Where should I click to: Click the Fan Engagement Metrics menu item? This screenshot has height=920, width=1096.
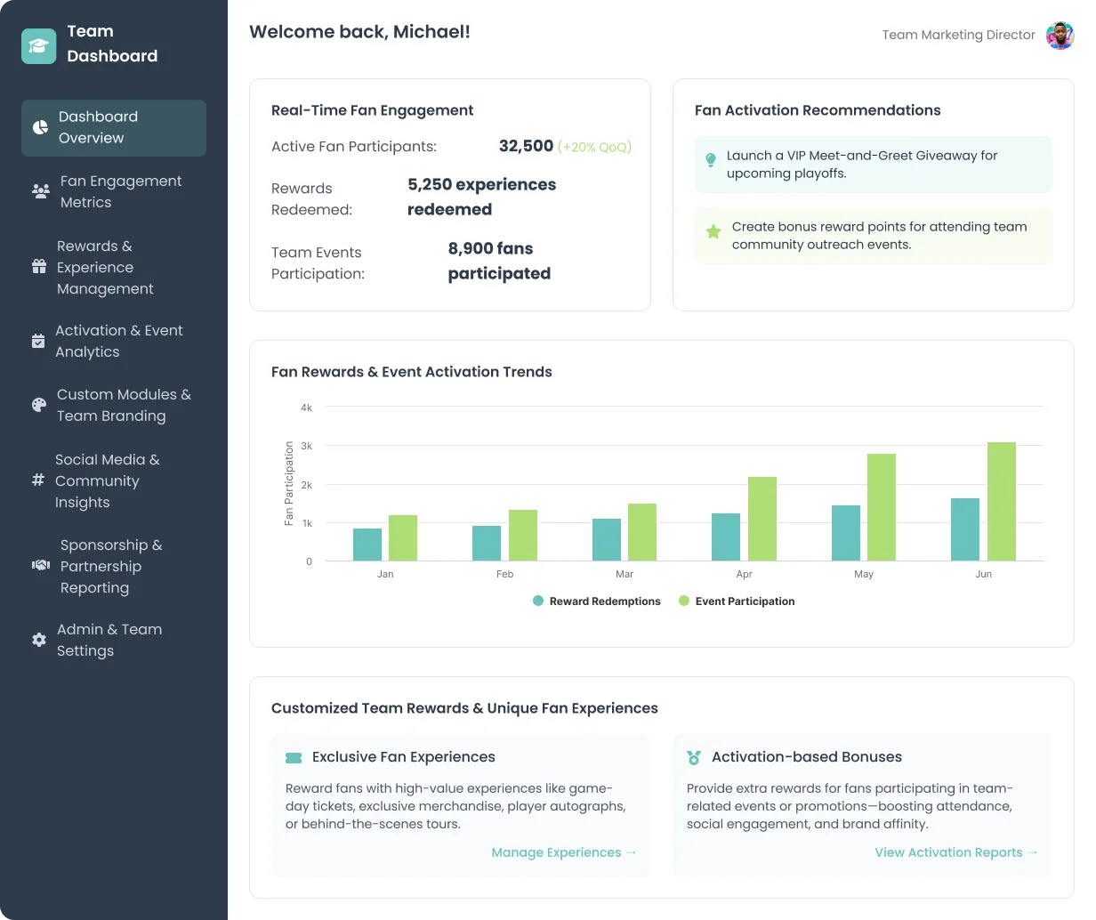(x=114, y=191)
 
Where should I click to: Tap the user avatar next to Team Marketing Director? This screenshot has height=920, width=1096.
(x=1060, y=36)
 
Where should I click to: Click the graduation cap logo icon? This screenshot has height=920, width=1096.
(x=38, y=46)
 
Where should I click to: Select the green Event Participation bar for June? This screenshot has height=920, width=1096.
(x=1001, y=502)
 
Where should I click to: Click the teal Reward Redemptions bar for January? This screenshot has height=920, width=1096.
(x=367, y=545)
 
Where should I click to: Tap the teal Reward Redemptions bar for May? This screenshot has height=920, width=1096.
(x=846, y=533)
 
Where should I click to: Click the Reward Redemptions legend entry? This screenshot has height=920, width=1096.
(x=597, y=601)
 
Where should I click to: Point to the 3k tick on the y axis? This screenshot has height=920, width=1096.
(x=307, y=446)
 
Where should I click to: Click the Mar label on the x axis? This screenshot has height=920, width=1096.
(x=625, y=574)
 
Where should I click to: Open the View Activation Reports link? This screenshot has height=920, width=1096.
(x=956, y=852)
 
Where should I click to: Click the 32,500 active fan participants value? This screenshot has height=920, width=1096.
(x=526, y=146)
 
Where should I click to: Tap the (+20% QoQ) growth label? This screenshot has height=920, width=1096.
(x=594, y=147)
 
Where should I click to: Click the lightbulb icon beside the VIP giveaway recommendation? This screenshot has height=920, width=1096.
(x=711, y=160)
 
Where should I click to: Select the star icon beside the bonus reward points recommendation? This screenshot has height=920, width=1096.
(x=713, y=231)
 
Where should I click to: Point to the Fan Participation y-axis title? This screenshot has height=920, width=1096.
(x=289, y=484)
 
